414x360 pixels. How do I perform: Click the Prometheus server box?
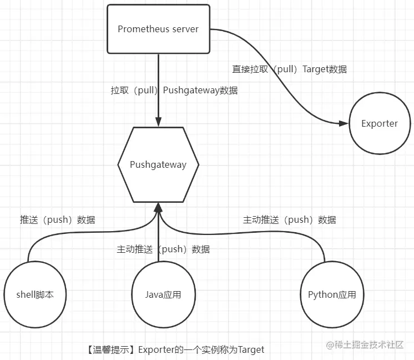point(158,29)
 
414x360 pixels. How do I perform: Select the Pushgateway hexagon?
point(158,164)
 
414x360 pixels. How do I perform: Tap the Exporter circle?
point(380,123)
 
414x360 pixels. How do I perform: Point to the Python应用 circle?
point(332,294)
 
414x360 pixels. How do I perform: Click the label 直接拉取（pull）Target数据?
point(289,69)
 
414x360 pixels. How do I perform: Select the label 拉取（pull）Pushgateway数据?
point(174,90)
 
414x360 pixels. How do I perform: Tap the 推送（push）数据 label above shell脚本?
point(61,219)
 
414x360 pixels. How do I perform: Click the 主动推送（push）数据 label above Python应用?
point(289,219)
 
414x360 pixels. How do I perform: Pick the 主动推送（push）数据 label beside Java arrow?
point(163,249)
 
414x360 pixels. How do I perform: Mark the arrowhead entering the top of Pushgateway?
point(158,123)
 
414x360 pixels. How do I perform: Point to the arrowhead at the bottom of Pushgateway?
point(158,207)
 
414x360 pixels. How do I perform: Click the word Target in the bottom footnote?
point(251,349)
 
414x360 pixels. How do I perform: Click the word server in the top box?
point(185,29)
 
